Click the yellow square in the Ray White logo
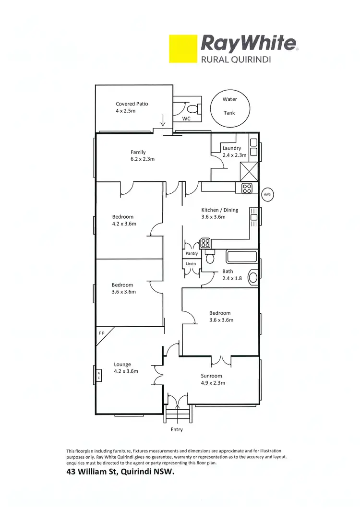point(183,48)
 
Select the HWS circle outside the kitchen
point(267,195)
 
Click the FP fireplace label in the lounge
point(102,332)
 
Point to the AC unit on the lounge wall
point(98,375)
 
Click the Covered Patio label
point(132,104)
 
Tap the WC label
point(186,118)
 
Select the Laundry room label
point(231,148)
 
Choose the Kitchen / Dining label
point(219,210)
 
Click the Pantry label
point(192,253)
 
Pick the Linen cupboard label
point(191,264)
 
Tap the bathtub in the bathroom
point(242,257)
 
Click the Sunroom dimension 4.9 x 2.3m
point(213,383)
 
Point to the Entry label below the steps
point(177,429)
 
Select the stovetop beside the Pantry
point(206,243)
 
